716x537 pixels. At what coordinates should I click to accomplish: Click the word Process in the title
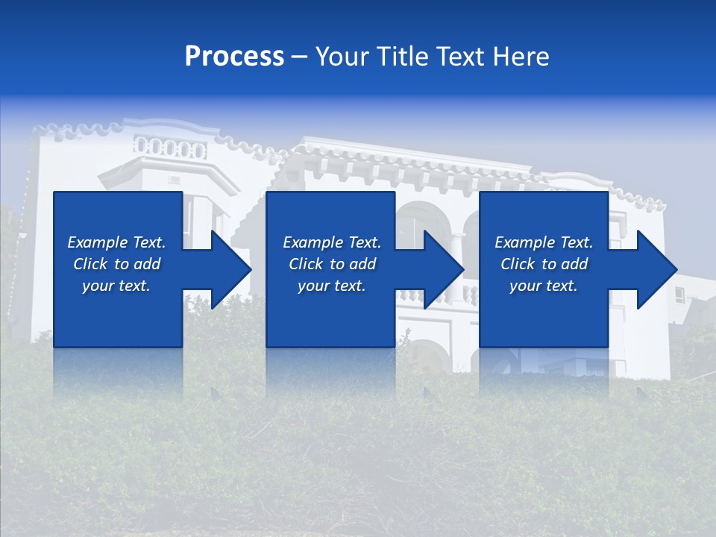pyautogui.click(x=234, y=57)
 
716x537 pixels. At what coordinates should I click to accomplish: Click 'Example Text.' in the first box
pyautogui.click(x=116, y=242)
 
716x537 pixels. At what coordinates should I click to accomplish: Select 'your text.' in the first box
pyautogui.click(x=116, y=286)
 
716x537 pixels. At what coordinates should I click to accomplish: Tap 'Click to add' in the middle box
pyautogui.click(x=332, y=264)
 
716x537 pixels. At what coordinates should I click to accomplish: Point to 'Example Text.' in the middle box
pyautogui.click(x=332, y=242)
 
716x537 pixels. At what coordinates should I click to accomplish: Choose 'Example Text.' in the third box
pyautogui.click(x=544, y=242)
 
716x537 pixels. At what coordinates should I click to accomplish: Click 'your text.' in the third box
pyautogui.click(x=544, y=286)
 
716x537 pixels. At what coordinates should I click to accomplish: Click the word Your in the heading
pyautogui.click(x=342, y=57)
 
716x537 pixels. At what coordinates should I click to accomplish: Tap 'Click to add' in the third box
pyautogui.click(x=544, y=264)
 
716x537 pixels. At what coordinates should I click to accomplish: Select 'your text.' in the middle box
pyautogui.click(x=332, y=286)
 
